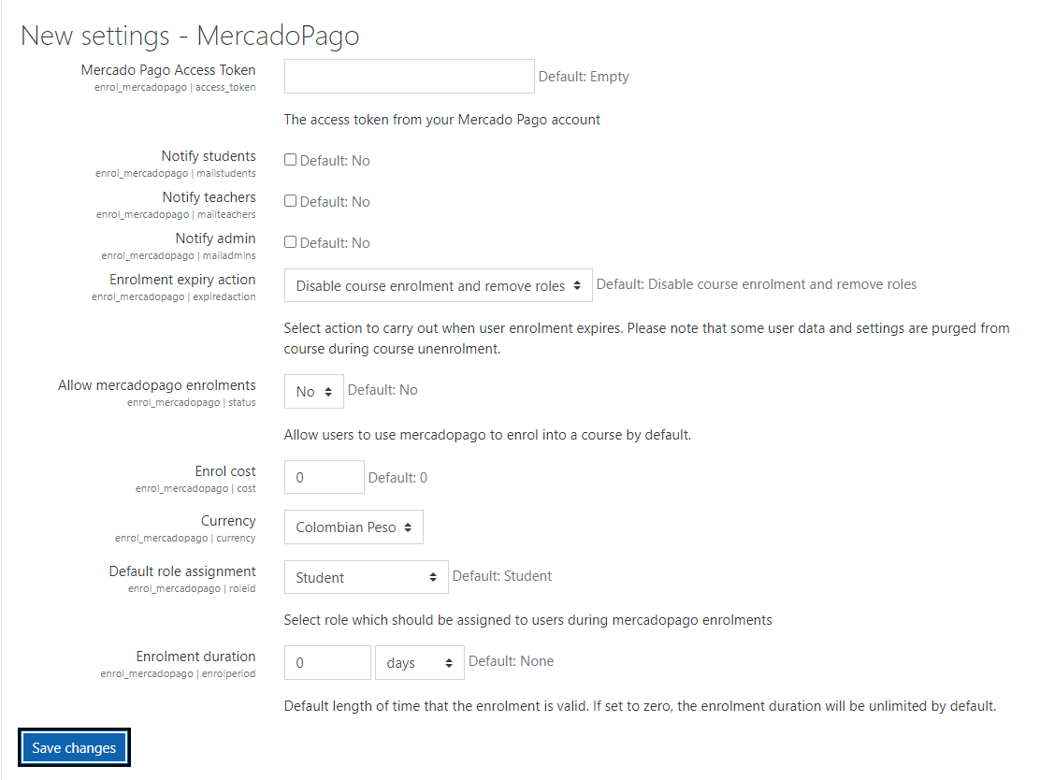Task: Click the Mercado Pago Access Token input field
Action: (409, 77)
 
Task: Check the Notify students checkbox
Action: (290, 160)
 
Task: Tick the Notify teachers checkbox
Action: (290, 201)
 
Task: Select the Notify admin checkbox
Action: (290, 242)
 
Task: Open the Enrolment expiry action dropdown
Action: (438, 285)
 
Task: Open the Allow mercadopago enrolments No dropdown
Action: (313, 392)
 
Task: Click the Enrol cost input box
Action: (324, 477)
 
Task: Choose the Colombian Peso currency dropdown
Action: (354, 527)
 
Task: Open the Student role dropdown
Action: (366, 578)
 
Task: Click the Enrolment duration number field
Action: (326, 663)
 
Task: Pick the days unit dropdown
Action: (419, 663)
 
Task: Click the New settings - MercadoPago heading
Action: (190, 36)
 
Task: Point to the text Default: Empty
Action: (584, 77)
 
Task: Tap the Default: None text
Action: (511, 661)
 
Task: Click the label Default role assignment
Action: (182, 571)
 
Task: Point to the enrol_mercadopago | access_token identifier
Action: (175, 87)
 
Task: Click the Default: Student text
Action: (502, 576)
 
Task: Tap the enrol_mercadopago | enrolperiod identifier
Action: (178, 673)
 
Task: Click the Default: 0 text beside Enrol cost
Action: (397, 478)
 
